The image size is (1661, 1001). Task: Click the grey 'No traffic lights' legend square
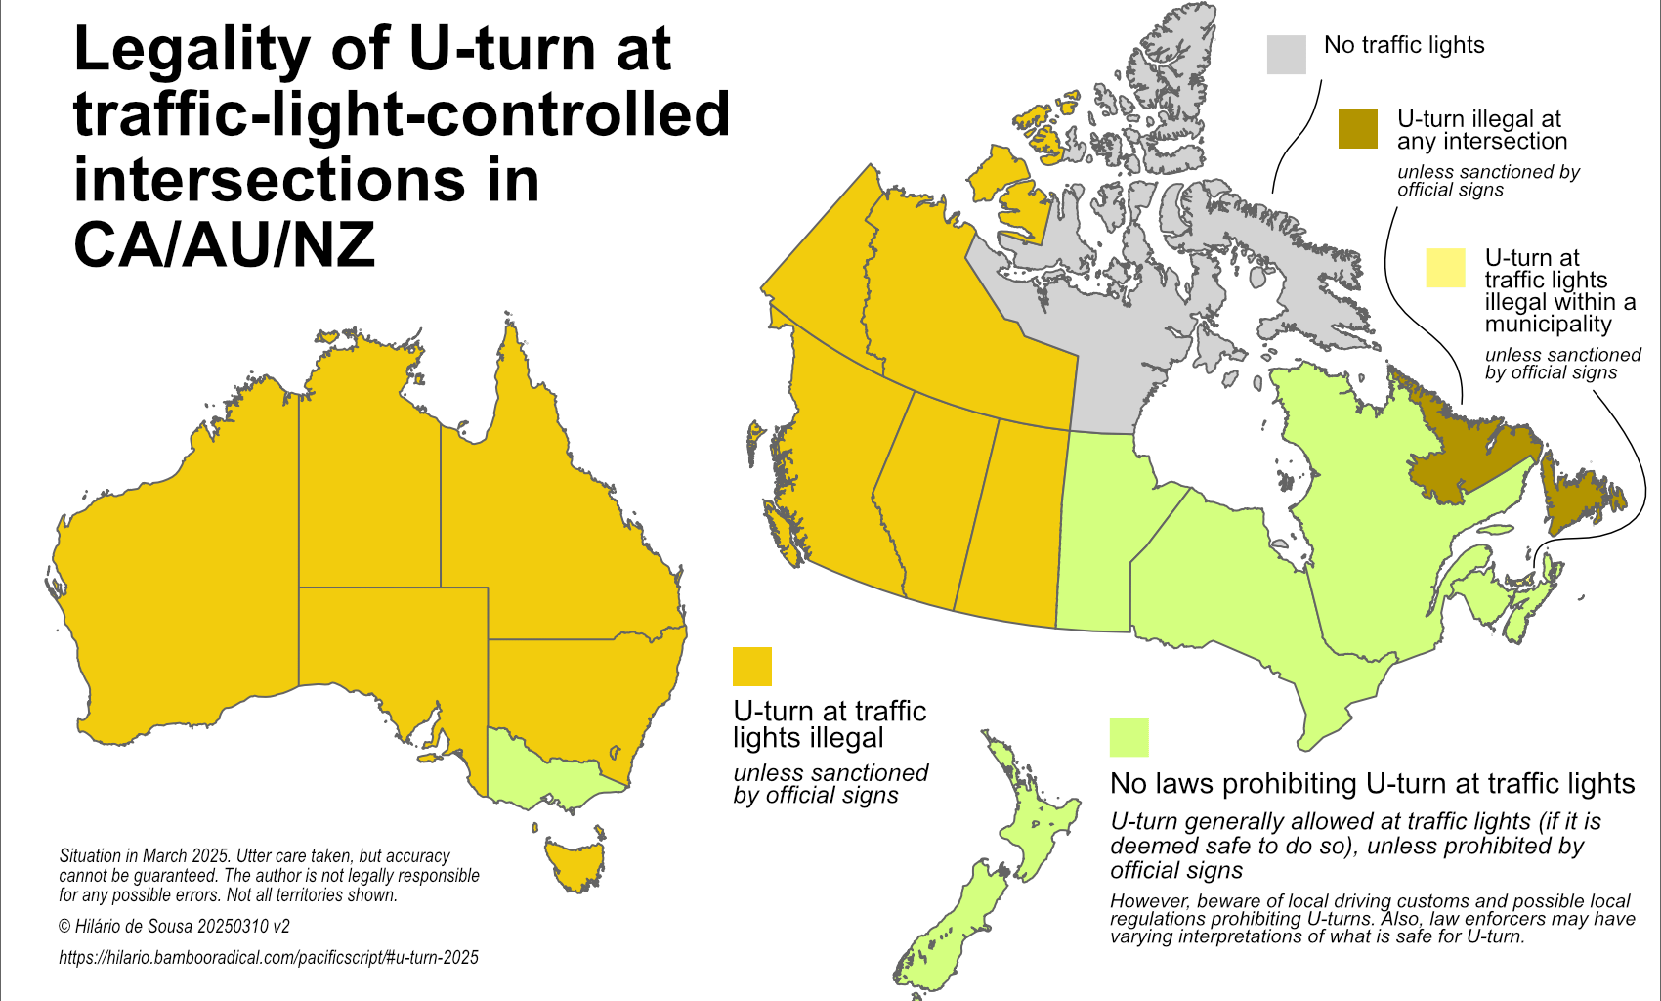(x=1286, y=55)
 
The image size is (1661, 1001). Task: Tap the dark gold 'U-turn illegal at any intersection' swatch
(x=1358, y=129)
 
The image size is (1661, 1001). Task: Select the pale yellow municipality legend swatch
(x=1445, y=268)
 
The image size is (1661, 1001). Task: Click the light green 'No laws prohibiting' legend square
(x=1129, y=737)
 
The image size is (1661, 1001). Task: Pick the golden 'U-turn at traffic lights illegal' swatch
(x=751, y=667)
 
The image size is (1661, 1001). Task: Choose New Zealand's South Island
(x=953, y=929)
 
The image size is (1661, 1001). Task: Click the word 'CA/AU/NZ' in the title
(x=224, y=245)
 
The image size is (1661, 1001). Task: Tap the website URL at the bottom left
(x=269, y=958)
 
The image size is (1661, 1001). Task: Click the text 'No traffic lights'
(x=1403, y=45)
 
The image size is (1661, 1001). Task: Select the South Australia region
(x=391, y=645)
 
